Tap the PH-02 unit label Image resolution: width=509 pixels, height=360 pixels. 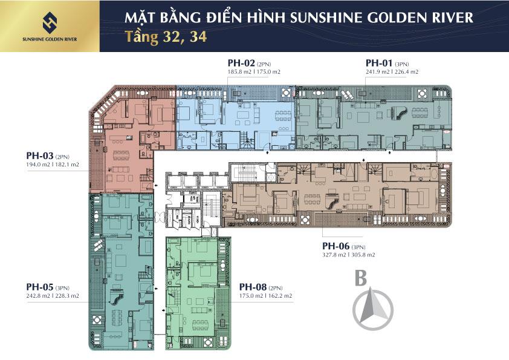240,63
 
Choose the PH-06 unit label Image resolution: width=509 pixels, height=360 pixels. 336,246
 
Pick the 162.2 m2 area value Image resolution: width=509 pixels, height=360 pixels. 280,296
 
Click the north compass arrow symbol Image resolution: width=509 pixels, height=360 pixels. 372,307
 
